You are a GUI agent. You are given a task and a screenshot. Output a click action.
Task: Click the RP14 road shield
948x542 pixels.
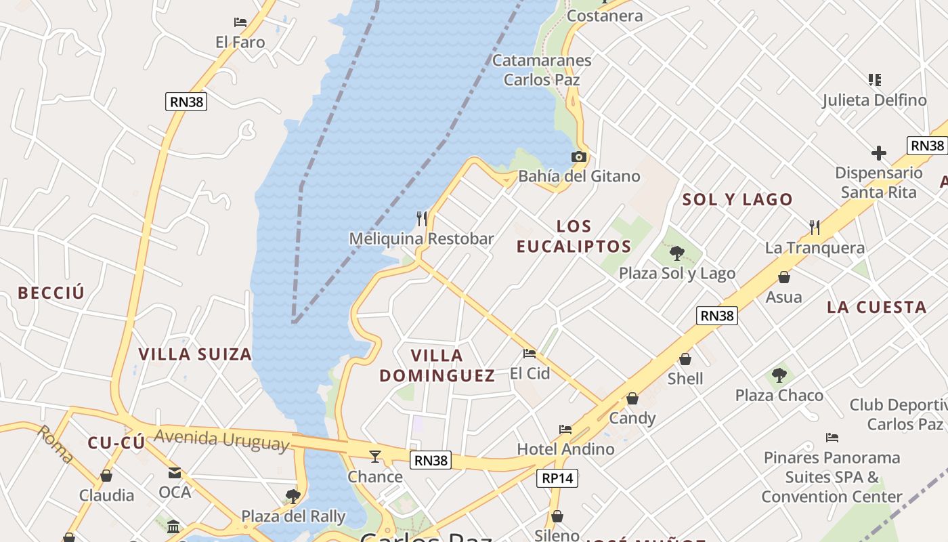[x=558, y=478]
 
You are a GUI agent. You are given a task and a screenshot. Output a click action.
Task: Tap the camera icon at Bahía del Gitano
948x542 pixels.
[x=578, y=157]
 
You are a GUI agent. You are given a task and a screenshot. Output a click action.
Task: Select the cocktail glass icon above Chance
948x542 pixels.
[x=375, y=456]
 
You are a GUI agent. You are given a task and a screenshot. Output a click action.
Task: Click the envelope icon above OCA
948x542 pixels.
[x=175, y=473]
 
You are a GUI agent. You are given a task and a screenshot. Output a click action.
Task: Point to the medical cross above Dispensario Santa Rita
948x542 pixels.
[x=878, y=153]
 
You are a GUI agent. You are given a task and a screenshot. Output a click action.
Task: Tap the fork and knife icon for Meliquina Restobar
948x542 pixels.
[x=422, y=218]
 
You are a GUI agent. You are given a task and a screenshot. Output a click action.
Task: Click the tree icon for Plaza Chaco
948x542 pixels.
[x=779, y=375]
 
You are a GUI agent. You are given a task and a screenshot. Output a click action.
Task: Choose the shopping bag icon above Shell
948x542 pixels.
[x=685, y=359]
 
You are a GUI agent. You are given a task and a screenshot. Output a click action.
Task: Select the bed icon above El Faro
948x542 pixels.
[x=240, y=22]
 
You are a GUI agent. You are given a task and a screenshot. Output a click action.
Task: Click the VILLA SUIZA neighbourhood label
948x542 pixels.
[x=195, y=354]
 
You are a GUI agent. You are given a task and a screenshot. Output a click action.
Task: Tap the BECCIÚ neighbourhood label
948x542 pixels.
[x=51, y=293]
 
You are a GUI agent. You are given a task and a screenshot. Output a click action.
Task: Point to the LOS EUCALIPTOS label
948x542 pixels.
[x=574, y=236]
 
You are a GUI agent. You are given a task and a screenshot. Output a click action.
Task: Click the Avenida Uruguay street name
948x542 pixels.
[x=221, y=440]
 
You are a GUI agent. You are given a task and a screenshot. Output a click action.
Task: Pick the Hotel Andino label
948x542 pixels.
[x=565, y=449]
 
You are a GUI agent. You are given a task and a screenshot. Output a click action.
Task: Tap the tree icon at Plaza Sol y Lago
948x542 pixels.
[x=676, y=254]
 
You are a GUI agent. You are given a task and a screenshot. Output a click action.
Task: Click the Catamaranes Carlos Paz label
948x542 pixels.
[x=542, y=70]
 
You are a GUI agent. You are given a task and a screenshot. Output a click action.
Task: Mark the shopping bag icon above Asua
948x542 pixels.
[x=783, y=277]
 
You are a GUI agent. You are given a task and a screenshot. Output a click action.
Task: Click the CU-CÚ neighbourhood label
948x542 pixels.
[x=116, y=443]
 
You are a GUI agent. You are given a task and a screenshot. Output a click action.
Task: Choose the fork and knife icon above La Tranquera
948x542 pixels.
[x=815, y=227]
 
